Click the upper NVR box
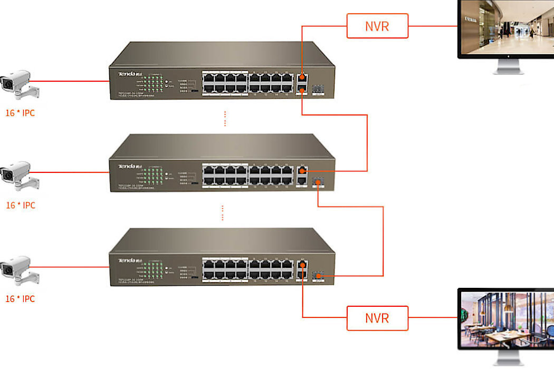tap(377, 26)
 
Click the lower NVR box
tap(377, 318)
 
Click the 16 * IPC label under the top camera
tap(21, 113)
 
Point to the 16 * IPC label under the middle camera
tap(21, 205)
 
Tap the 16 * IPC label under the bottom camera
tap(21, 299)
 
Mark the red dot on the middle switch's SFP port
tap(318, 181)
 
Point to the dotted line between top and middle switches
tap(225, 119)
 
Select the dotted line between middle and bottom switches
tap(223, 213)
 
